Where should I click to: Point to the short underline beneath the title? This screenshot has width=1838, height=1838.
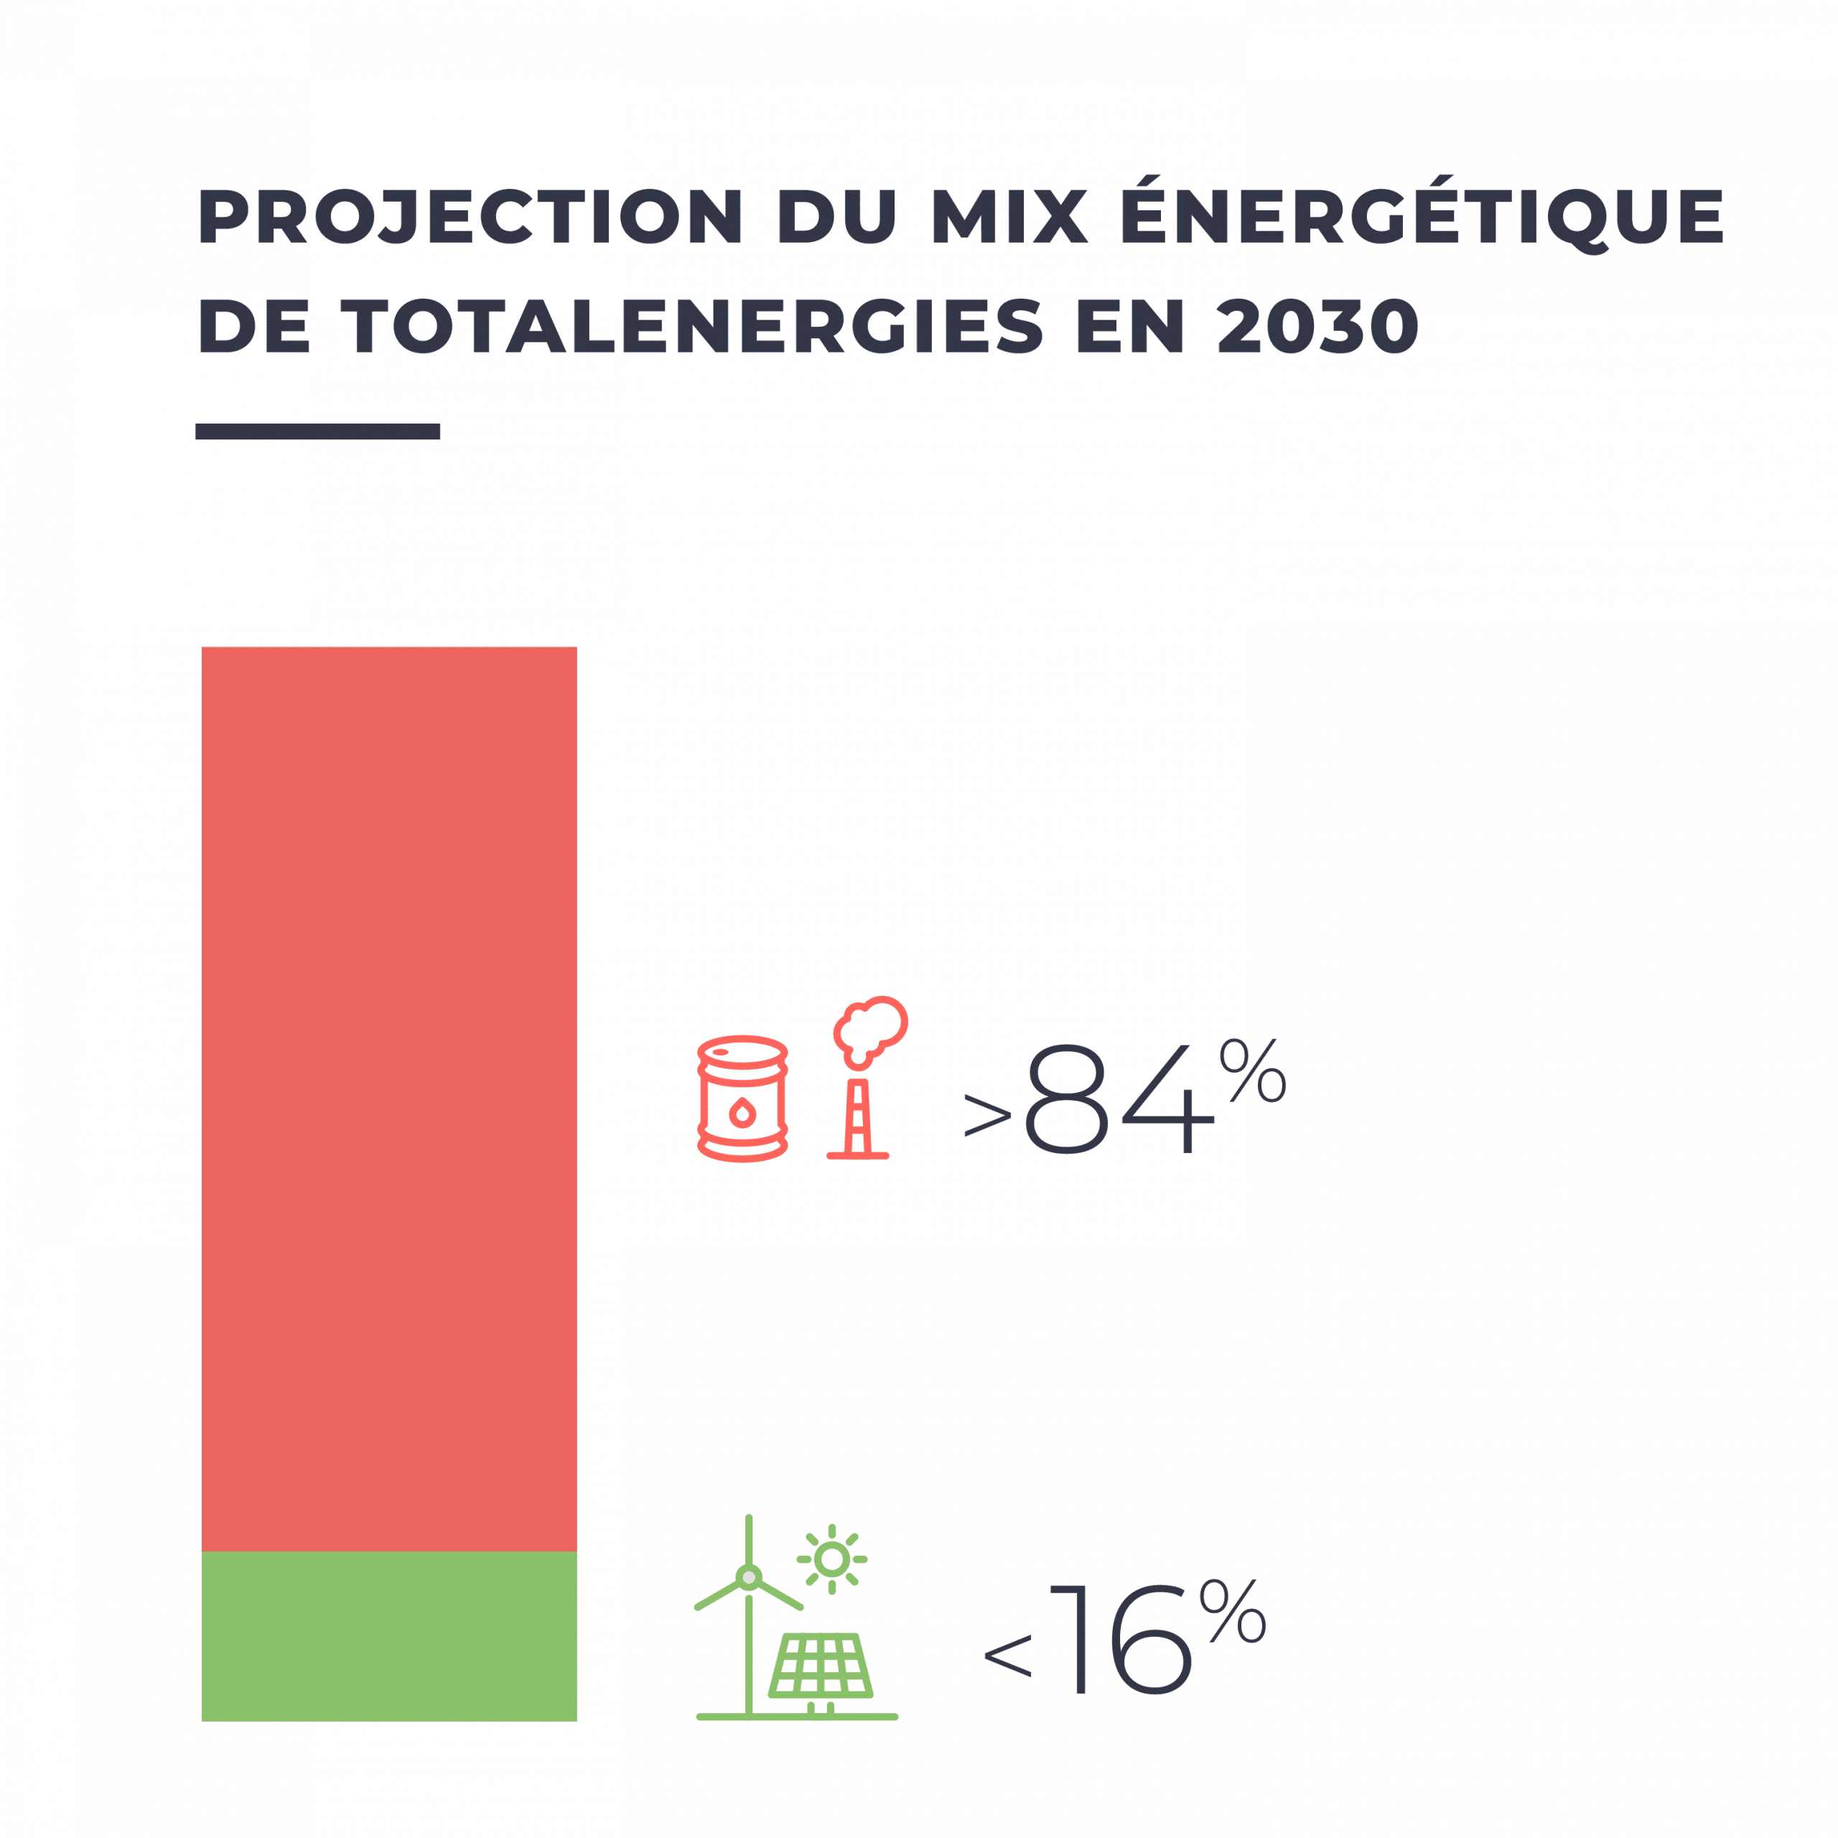pos(317,431)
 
